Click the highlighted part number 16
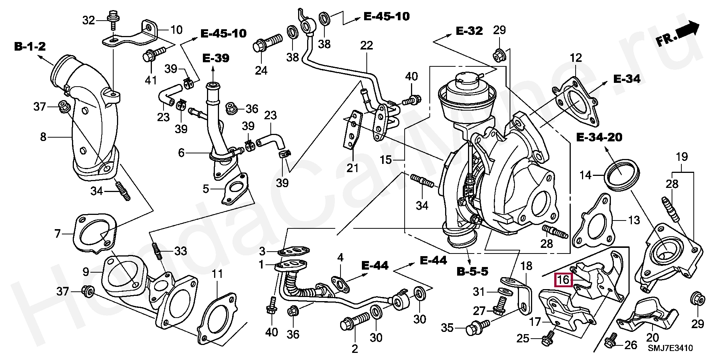pos(564,280)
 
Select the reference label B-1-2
pos(30,46)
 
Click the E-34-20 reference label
pos(599,137)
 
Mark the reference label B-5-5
pos(472,271)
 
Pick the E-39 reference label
pos(216,58)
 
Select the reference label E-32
pos(469,31)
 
